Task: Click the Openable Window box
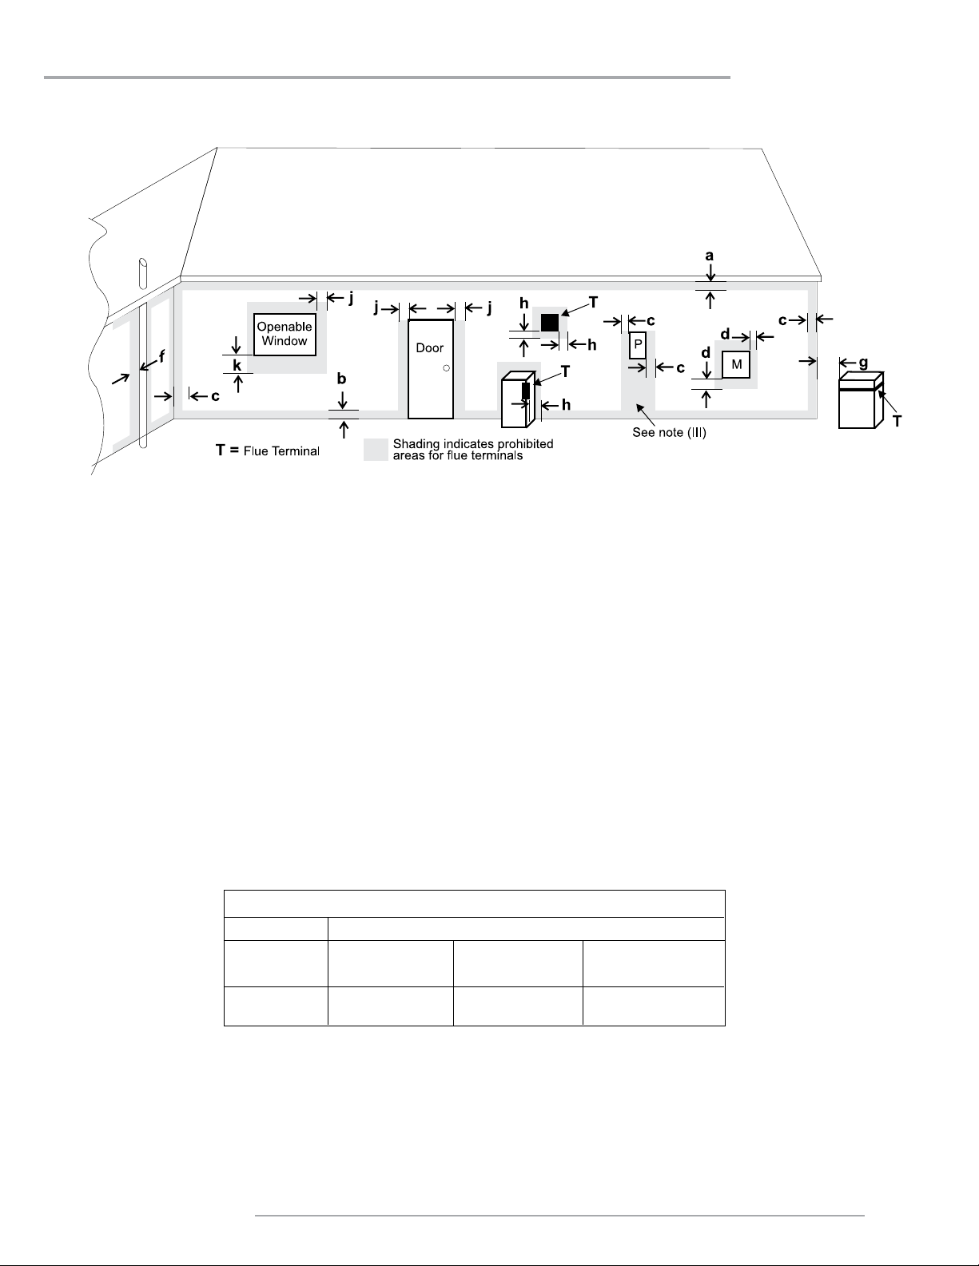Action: pyautogui.click(x=285, y=335)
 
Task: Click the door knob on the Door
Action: pyautogui.click(x=446, y=368)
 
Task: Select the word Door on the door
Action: pyautogui.click(x=429, y=348)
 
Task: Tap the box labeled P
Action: pyautogui.click(x=638, y=344)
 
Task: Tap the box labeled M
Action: pyautogui.click(x=736, y=364)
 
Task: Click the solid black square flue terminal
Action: pyautogui.click(x=549, y=323)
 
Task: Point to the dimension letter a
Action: pyautogui.click(x=709, y=256)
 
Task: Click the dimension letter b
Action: pyautogui.click(x=342, y=379)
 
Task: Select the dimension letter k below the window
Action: pyautogui.click(x=237, y=365)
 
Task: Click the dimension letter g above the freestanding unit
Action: pyautogui.click(x=863, y=362)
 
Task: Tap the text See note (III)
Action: pyautogui.click(x=671, y=434)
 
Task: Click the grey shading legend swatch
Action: pyautogui.click(x=376, y=449)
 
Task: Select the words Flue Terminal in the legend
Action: pyautogui.click(x=281, y=451)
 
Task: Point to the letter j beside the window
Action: pyautogui.click(x=350, y=297)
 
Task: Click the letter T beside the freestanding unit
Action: pyautogui.click(x=897, y=421)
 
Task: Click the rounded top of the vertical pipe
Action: pyautogui.click(x=143, y=262)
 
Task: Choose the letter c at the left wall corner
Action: pyautogui.click(x=215, y=395)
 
